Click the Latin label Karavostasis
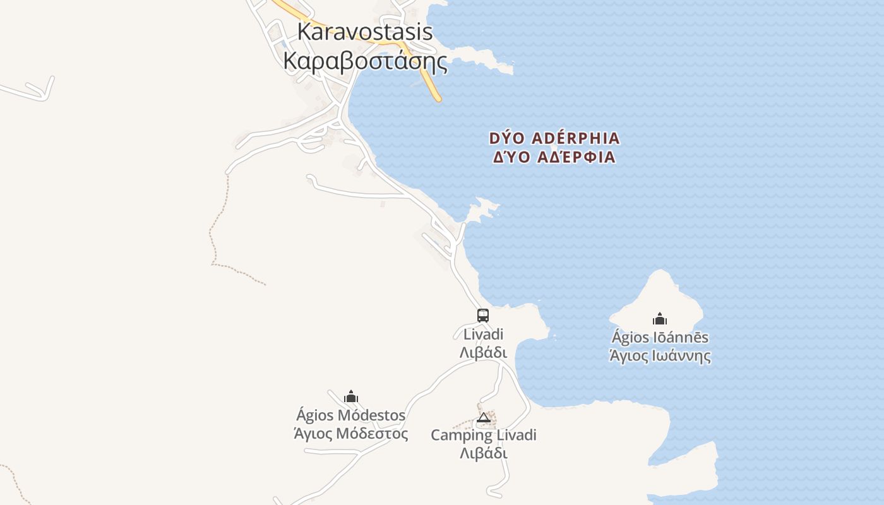[364, 32]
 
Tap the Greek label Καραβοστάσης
[365, 62]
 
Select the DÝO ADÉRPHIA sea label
[554, 138]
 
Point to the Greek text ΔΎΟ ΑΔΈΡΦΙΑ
[554, 157]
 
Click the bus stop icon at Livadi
[483, 316]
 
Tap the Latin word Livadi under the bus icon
[483, 334]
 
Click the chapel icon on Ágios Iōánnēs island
[660, 319]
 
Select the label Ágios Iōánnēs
[660, 338]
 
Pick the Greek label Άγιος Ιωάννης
[660, 356]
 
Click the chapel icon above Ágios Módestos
[351, 396]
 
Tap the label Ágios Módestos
[351, 415]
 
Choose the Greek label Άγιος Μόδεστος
[351, 434]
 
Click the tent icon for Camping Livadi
[484, 417]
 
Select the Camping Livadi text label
[484, 435]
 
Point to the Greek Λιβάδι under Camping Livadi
[484, 453]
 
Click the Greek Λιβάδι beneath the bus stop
[483, 352]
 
